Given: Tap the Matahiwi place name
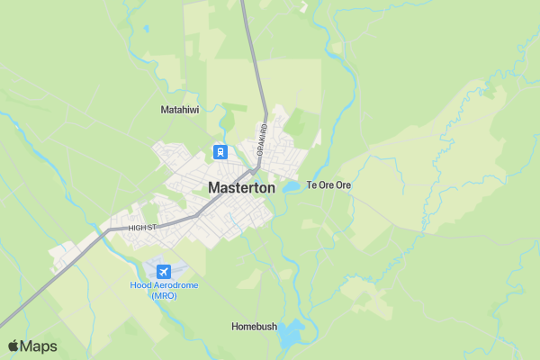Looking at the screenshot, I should (x=179, y=110).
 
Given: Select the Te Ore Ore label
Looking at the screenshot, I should (x=328, y=185).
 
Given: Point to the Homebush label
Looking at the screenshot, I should (x=253, y=326).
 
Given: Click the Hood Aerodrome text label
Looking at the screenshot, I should (x=164, y=285).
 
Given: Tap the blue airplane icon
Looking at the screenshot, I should (x=164, y=271).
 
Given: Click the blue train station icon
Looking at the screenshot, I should (x=220, y=151).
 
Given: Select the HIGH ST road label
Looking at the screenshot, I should (x=142, y=228).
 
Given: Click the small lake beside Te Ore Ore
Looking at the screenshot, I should (x=292, y=187).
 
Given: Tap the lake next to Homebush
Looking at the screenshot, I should (x=290, y=336).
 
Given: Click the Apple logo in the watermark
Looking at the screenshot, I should (x=13, y=346).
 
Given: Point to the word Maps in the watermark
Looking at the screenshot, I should (x=39, y=346).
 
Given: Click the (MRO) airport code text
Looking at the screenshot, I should (x=164, y=295).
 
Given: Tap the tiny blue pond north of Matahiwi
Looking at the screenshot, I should (x=145, y=28).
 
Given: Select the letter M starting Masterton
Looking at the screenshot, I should (x=214, y=188).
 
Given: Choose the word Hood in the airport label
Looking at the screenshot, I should (x=140, y=285).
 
